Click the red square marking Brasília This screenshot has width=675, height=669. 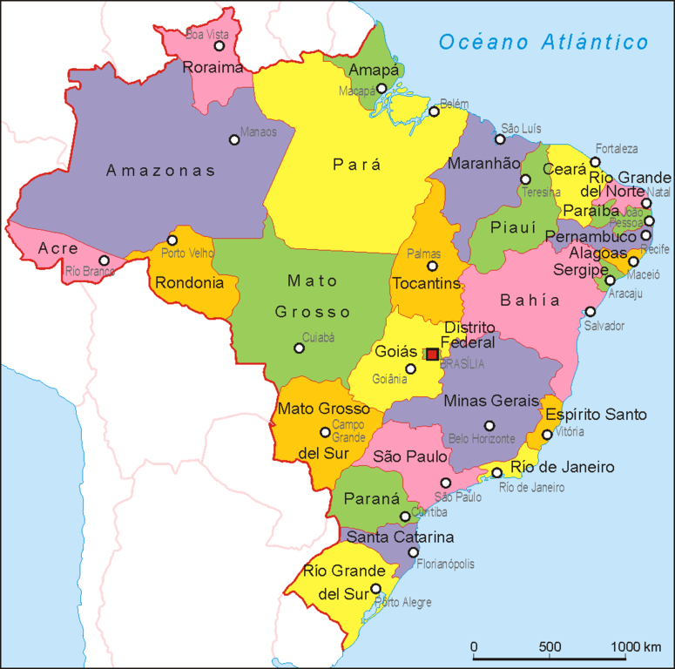(432, 354)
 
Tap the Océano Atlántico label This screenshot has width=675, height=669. (543, 42)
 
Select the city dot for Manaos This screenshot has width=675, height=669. (233, 139)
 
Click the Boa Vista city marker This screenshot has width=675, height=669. (219, 46)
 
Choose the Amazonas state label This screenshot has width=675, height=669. (160, 171)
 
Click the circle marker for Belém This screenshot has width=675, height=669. (434, 111)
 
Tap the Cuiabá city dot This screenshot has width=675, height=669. (299, 348)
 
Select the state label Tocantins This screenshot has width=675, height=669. (426, 284)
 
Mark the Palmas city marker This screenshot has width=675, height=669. (431, 266)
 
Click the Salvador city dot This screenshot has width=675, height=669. (590, 311)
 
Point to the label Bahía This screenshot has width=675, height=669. (530, 301)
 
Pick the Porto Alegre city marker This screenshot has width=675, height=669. (376, 589)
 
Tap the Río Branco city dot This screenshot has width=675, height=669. (104, 260)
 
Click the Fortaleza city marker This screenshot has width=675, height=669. (595, 162)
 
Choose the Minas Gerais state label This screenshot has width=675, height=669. (491, 402)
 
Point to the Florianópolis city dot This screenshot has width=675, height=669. (413, 551)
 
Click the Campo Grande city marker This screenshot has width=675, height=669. (325, 431)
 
